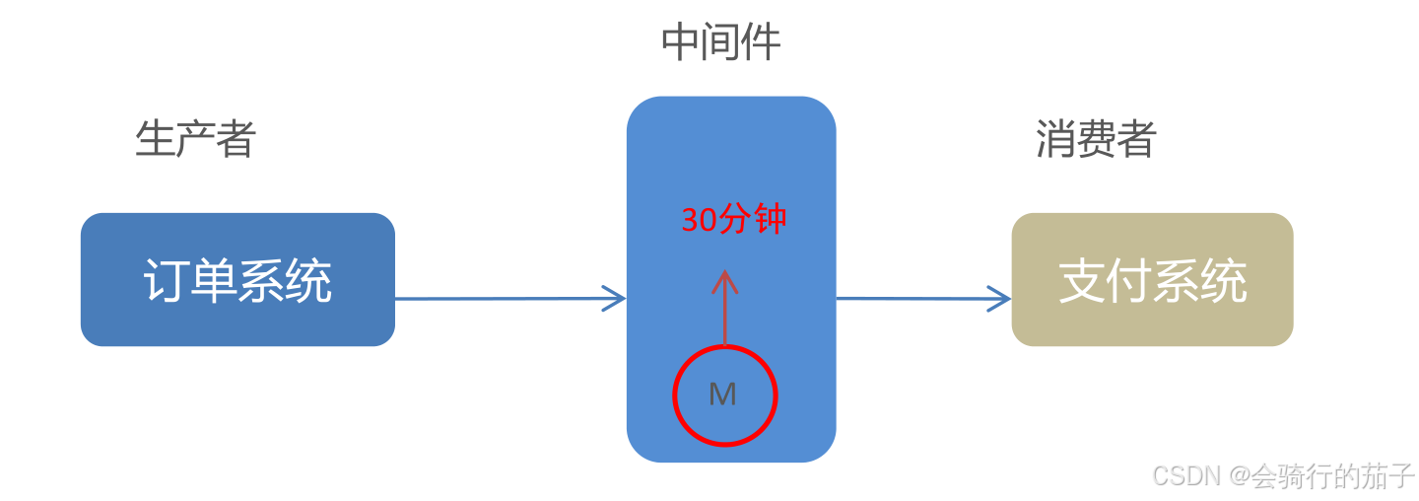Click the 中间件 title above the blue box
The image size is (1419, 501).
tap(720, 42)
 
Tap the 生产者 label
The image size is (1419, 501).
tap(195, 139)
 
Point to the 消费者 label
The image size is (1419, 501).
tap(1095, 139)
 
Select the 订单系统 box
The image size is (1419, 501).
tap(237, 280)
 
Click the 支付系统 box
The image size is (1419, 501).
tap(1152, 280)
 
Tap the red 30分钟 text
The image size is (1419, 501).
tap(733, 220)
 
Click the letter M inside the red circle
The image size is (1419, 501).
tap(722, 394)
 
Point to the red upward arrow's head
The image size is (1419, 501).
tap(724, 278)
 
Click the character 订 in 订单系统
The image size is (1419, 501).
tap(166, 281)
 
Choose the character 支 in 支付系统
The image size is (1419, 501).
tap(1081, 281)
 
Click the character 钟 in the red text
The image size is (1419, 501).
tap(770, 220)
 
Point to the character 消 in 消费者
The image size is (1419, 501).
tap(1054, 139)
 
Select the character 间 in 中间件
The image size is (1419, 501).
tap(720, 42)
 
